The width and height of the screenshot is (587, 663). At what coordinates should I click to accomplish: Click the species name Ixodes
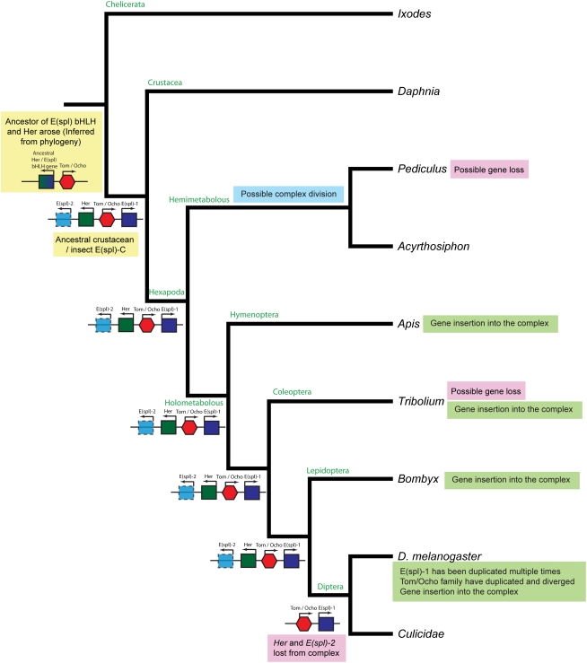[x=414, y=14]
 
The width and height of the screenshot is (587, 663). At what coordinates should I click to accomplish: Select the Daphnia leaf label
[x=418, y=92]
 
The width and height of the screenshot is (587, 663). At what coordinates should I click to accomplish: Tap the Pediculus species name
[x=420, y=169]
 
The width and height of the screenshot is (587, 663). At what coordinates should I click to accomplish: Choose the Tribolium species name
[x=421, y=401]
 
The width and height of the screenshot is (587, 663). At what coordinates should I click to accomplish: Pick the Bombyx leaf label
[x=418, y=479]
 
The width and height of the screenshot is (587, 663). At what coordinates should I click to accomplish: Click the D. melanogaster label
[x=442, y=556]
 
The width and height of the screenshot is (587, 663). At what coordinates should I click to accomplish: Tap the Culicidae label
[x=422, y=632]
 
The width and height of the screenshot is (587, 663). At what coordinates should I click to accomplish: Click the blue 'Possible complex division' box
[x=292, y=194]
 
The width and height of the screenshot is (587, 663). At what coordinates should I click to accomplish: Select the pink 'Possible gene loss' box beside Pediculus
[x=489, y=169]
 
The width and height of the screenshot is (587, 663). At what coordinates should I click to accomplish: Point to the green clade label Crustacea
[x=165, y=83]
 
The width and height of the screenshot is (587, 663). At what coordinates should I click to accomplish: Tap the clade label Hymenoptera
[x=255, y=315]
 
